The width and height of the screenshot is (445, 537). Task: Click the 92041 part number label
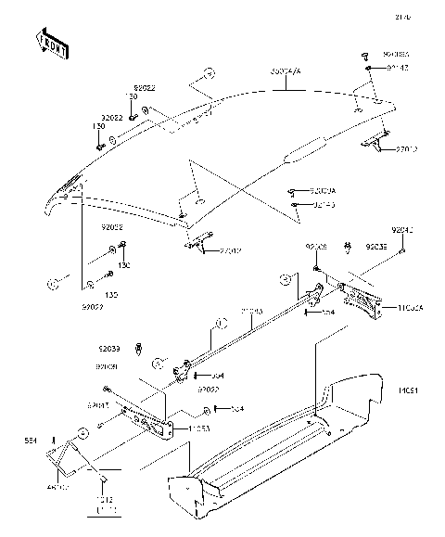404,228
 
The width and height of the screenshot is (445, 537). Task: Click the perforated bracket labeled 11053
148,418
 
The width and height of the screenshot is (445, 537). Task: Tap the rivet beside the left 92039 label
138,350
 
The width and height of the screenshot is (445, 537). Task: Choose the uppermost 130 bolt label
133,97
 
